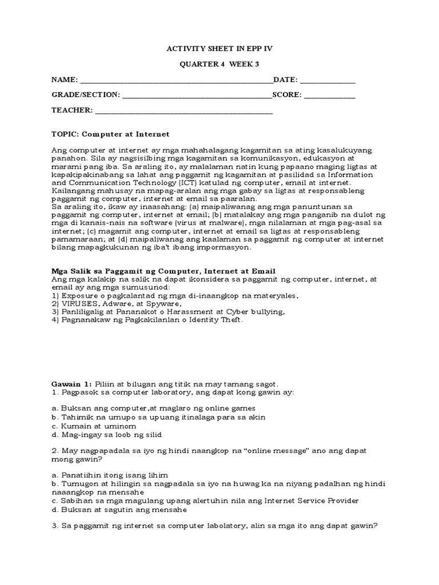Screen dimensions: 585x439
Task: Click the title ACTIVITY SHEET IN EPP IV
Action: (219, 49)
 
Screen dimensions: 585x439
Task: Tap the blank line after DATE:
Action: (328, 81)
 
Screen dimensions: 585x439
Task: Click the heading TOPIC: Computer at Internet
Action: (110, 134)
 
